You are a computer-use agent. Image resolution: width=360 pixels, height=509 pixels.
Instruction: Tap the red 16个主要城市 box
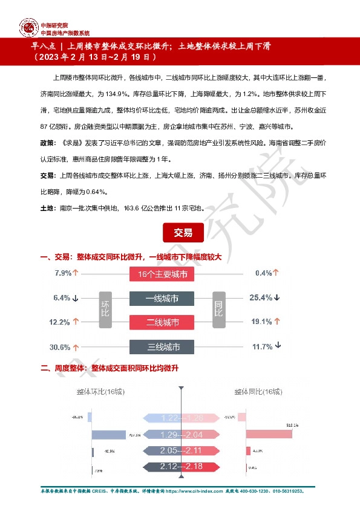pos(162,274)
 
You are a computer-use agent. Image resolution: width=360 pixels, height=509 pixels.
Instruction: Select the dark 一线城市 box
pos(162,299)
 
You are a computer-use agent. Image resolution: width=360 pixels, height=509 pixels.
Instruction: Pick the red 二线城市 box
pos(162,323)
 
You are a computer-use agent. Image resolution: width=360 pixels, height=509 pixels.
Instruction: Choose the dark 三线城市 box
pos(162,347)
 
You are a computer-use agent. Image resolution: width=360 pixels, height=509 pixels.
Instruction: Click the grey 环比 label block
pos(105,310)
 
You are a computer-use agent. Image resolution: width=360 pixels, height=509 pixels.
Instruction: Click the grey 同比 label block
pos(218,310)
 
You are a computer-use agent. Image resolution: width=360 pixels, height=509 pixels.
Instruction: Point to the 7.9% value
pos(63,273)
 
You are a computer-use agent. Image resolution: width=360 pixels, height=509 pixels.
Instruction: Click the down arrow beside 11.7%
pos(278,346)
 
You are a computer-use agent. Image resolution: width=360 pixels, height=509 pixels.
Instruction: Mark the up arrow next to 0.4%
pos(276,273)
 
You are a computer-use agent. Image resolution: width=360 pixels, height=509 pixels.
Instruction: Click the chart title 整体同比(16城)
pos(258,392)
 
